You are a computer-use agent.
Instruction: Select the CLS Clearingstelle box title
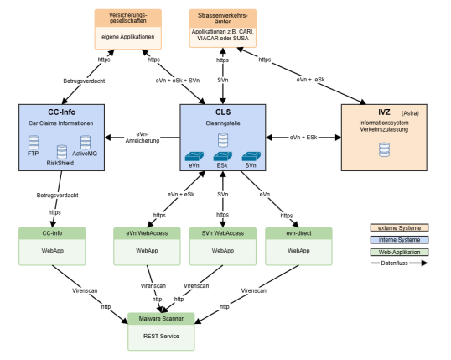coord(222,112)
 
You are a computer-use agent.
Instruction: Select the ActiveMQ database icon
coord(85,141)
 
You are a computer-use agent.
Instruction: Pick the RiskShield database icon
coord(60,151)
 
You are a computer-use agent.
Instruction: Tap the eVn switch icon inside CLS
coord(195,155)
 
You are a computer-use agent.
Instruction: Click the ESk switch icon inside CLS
coord(222,155)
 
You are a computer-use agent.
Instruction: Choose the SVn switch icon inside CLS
coord(250,155)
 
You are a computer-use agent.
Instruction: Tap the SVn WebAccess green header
coord(222,232)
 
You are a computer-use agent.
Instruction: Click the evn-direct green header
coord(299,232)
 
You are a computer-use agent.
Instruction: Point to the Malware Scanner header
coord(160,319)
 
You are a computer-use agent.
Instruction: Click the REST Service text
coord(160,336)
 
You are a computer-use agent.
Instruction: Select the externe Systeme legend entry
coord(399,227)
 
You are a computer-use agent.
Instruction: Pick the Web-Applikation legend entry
coord(399,250)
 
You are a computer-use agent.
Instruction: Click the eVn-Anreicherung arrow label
coord(142,138)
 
